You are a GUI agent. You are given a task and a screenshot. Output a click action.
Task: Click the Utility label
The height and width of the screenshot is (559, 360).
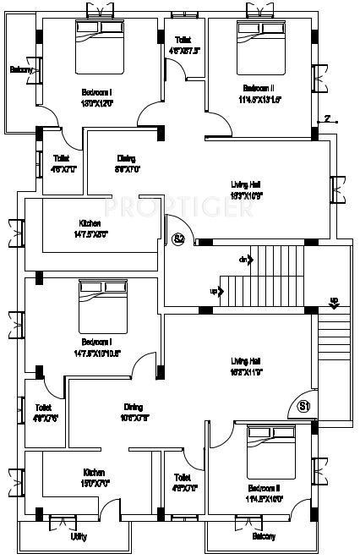click(79, 535)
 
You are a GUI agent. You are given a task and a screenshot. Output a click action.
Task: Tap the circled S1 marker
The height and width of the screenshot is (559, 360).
click(306, 406)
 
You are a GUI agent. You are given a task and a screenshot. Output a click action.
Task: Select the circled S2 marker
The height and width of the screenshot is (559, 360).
click(178, 239)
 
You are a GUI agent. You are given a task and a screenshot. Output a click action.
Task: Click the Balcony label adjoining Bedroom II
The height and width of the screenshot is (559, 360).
click(264, 536)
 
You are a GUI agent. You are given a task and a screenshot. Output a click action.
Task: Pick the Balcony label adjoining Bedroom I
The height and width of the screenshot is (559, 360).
click(21, 69)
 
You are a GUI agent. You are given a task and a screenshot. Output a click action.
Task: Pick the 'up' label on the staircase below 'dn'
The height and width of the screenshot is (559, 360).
click(213, 292)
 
